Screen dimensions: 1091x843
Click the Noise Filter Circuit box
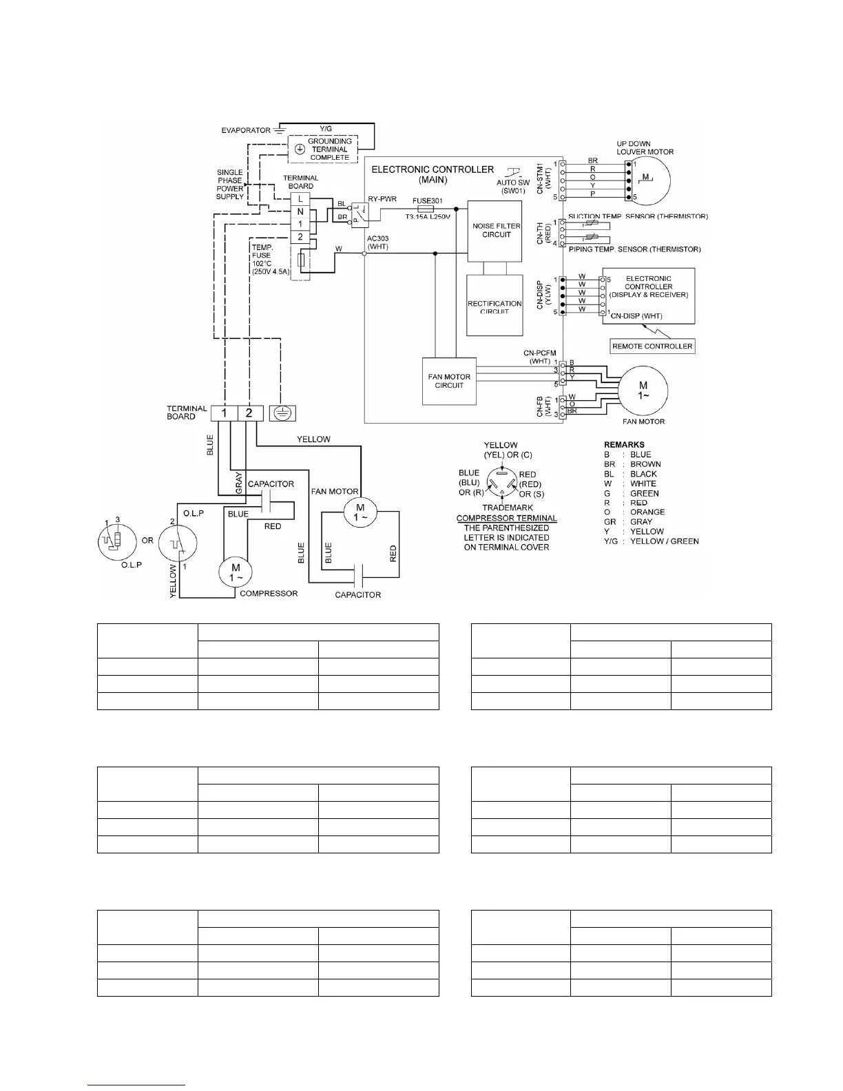[497, 231]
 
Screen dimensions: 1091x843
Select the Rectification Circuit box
[495, 305]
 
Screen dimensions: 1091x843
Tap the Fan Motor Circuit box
[449, 381]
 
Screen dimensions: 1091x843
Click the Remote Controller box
[652, 346]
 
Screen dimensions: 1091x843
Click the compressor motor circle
[236, 572]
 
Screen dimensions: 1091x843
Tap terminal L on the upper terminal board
[300, 199]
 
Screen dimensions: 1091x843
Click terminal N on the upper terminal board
[300, 212]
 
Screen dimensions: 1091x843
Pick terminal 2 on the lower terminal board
[249, 413]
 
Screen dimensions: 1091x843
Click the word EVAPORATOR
[246, 130]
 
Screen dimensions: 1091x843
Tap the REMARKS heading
[624, 445]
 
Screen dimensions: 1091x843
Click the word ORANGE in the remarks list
[647, 512]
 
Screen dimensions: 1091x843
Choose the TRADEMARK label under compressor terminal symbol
[508, 508]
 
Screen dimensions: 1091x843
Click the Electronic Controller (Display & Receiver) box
[648, 295]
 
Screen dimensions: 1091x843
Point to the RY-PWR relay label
[382, 199]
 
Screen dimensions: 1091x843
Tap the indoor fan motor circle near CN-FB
[643, 391]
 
